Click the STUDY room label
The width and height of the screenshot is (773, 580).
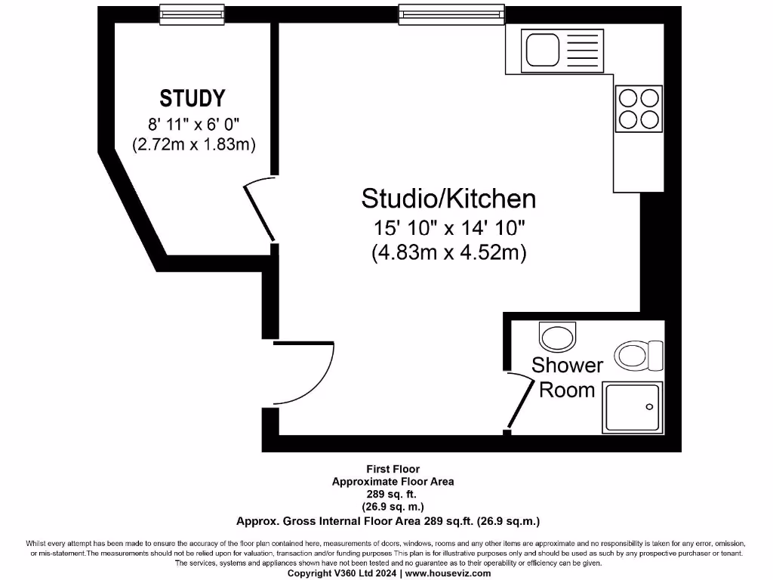coord(192,98)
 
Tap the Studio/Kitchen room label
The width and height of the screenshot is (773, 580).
coord(448,199)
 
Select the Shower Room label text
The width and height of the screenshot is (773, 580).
coord(567,378)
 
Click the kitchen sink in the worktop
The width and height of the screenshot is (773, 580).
coord(541,50)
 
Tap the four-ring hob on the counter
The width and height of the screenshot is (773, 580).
coord(639,108)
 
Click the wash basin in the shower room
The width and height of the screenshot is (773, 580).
coord(557,336)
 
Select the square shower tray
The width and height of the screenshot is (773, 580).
coord(632,407)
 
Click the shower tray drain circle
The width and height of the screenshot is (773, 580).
coord(648,407)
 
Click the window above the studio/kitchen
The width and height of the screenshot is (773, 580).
coord(451,13)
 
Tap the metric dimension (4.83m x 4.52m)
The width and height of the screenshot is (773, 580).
coord(448,252)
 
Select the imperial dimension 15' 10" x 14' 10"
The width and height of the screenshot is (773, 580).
coord(448,227)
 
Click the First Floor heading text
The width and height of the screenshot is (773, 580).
coord(393,469)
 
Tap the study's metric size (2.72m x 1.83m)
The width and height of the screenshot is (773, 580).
coord(193,143)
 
